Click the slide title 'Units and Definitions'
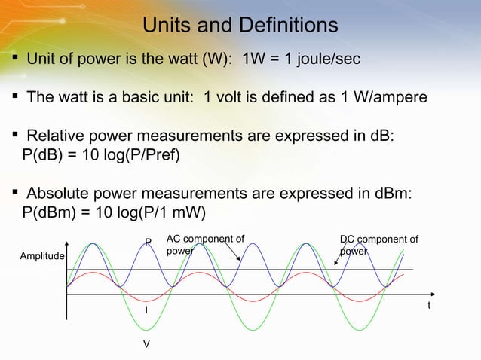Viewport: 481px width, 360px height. coord(240,26)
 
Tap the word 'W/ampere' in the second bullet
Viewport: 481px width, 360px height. coord(394,98)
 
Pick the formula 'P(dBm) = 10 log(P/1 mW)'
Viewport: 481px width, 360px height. coord(114,211)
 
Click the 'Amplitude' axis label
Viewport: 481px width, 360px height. coord(42,257)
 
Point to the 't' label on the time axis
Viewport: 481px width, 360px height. coord(429,305)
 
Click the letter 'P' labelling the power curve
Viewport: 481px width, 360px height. coord(149,243)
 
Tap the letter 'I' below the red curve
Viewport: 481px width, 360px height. coord(146,310)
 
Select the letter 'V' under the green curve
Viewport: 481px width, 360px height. coord(146,343)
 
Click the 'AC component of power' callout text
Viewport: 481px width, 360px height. coord(205,246)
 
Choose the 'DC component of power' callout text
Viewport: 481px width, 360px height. coord(379,246)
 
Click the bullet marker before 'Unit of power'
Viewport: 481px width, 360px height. coord(15,59)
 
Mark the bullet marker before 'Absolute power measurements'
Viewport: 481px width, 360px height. coord(15,192)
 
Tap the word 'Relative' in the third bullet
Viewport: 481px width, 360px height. coord(54,136)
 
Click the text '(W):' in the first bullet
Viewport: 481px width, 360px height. coord(216,59)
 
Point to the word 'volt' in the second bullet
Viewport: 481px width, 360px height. coord(240,98)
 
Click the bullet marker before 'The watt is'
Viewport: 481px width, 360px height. coord(15,97)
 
